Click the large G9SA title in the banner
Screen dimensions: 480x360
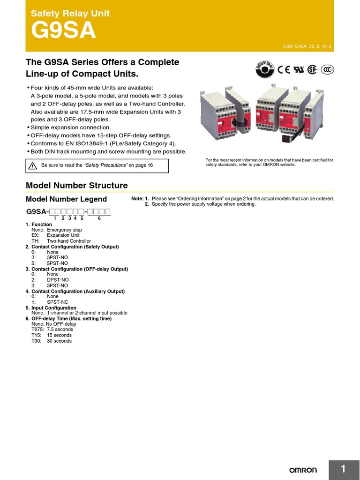coord(63,31)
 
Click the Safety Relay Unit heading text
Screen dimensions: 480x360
coord(70,14)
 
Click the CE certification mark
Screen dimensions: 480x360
coord(284,70)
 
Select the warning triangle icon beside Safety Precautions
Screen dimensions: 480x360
coord(32,165)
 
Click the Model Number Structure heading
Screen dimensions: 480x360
coord(76,185)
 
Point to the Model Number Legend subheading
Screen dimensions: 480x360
coord(66,199)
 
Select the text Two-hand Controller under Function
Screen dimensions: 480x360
coord(68,241)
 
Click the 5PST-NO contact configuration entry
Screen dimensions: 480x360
coord(57,263)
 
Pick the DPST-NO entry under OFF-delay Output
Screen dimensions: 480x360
coord(57,280)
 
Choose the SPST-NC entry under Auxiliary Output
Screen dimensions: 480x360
coord(57,302)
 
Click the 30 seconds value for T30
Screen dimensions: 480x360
coord(59,341)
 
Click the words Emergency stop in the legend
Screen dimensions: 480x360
coord(64,230)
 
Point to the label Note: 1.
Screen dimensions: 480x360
coord(140,199)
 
